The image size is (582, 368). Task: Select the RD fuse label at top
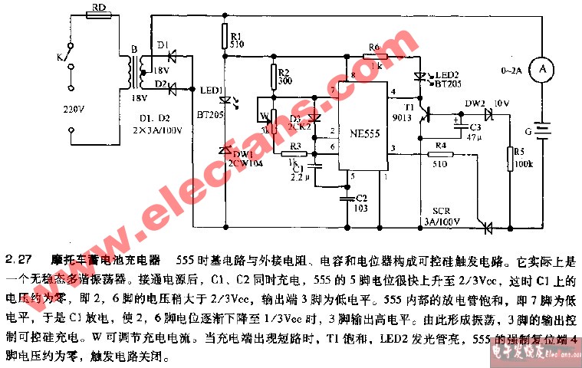(x=98, y=7)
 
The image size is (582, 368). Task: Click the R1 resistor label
(x=235, y=35)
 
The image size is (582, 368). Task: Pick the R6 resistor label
(x=373, y=48)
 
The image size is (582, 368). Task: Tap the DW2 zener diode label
(x=475, y=102)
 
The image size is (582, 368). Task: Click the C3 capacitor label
(x=475, y=127)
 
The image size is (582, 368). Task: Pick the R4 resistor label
(x=439, y=146)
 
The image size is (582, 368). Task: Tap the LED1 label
(x=207, y=90)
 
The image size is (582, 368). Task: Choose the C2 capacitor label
(x=362, y=197)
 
